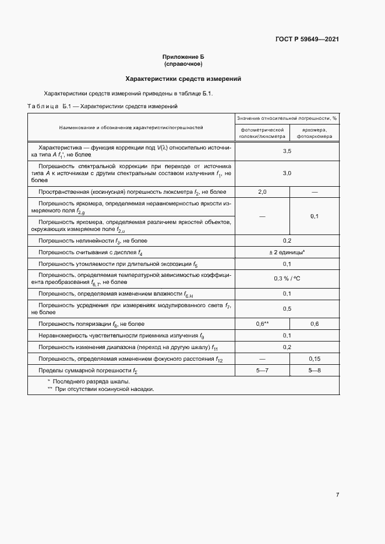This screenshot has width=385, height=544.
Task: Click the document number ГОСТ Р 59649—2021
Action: coord(307,40)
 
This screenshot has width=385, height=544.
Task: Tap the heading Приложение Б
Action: coord(183,56)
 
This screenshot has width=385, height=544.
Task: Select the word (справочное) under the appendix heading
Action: coord(183,63)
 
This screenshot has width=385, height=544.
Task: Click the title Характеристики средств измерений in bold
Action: coord(183,79)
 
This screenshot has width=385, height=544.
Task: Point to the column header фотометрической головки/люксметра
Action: coord(262,133)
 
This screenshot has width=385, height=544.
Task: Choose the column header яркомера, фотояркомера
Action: coord(315,133)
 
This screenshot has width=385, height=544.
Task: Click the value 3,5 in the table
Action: coord(287,151)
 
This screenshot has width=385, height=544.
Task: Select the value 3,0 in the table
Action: coord(287,173)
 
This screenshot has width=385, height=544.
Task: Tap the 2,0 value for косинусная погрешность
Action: coord(262,192)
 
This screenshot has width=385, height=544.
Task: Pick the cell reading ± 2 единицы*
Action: coord(287,253)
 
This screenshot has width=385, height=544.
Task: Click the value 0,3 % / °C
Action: coord(287,279)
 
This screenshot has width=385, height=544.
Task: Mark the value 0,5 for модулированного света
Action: coord(287,309)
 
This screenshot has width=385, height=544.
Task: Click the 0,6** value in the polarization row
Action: coord(262,324)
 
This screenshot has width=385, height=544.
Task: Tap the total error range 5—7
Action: coord(262,371)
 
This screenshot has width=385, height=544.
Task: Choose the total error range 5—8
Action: coord(315,371)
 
